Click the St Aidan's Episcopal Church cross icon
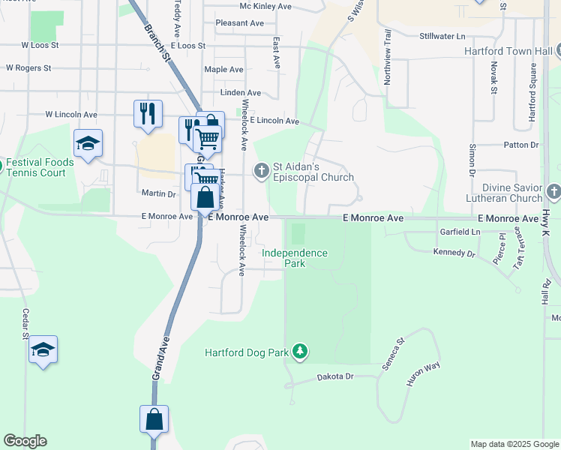(261, 171)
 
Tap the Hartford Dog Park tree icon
(300, 351)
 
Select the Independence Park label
(295, 258)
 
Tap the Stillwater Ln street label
(442, 36)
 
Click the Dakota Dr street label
(334, 376)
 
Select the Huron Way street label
(423, 374)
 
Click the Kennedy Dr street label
(454, 253)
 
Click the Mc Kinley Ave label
(265, 6)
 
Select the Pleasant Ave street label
(239, 23)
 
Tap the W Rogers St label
(28, 67)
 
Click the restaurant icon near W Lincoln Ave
(148, 113)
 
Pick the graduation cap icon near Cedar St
(43, 349)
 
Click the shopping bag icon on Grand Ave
(154, 419)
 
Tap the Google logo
(25, 441)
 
